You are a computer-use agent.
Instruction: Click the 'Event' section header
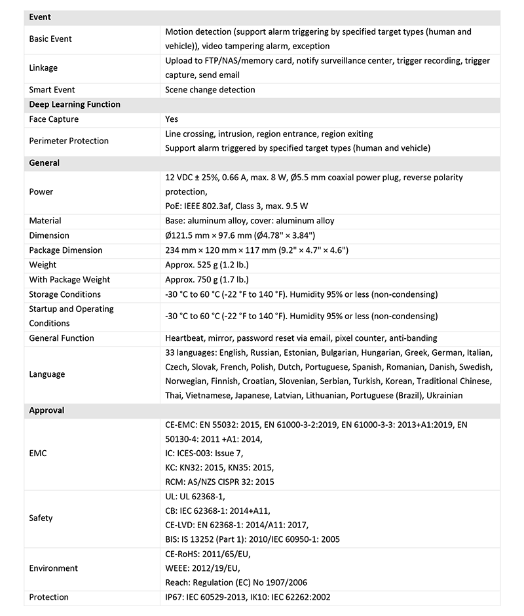40,17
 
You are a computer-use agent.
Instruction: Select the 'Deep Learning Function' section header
75,104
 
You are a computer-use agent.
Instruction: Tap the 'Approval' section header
47,410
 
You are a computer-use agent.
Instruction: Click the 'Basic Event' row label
50,39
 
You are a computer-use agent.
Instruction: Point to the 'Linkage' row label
43,67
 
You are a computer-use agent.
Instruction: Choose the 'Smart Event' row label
52,90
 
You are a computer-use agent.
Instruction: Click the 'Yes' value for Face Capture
172,119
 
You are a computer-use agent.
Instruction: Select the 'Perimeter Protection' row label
69,141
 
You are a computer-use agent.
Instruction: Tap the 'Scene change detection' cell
210,90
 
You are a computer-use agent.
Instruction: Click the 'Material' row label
45,221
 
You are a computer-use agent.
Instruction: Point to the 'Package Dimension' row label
66,250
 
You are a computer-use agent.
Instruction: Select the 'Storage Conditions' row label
64,294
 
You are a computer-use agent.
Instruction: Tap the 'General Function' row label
62,338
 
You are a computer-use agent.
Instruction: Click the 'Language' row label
47,374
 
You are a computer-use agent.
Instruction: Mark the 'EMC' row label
38,453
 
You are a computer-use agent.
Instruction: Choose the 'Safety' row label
41,518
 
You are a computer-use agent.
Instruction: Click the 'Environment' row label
53,568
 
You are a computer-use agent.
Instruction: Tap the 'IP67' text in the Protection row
174,597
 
